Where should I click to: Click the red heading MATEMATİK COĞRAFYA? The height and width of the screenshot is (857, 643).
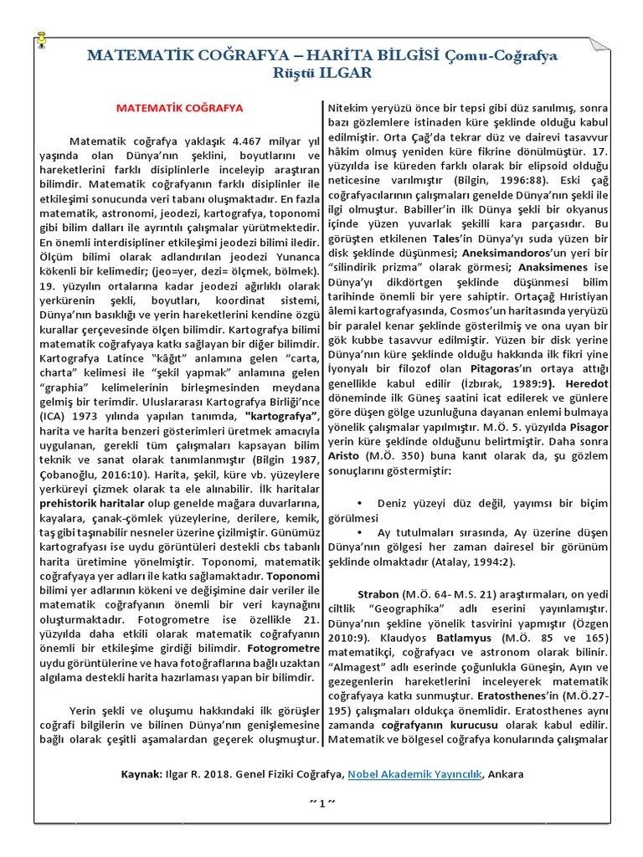click(179, 108)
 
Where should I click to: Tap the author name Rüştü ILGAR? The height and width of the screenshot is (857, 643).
click(321, 73)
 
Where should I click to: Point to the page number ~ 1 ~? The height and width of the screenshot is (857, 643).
click(321, 803)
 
